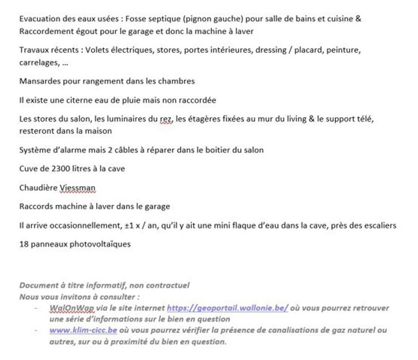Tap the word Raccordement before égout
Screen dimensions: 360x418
[45, 31]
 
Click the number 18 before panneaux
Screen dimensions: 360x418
[23, 244]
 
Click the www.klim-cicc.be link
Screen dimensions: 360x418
[83, 330]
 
